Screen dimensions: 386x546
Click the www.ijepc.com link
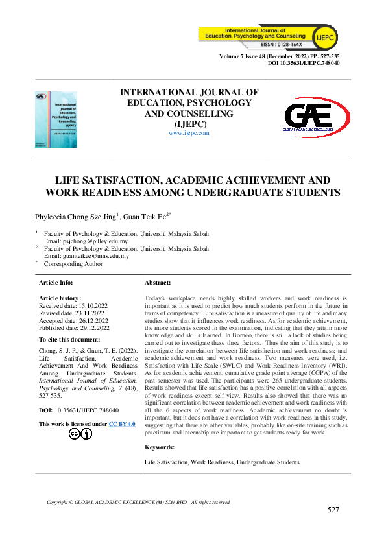coord(189,133)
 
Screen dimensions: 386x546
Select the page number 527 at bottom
coord(333,510)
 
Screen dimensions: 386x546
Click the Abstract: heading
coord(158,283)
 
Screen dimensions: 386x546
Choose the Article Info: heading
coord(56,283)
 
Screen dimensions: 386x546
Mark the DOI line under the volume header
coord(304,64)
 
